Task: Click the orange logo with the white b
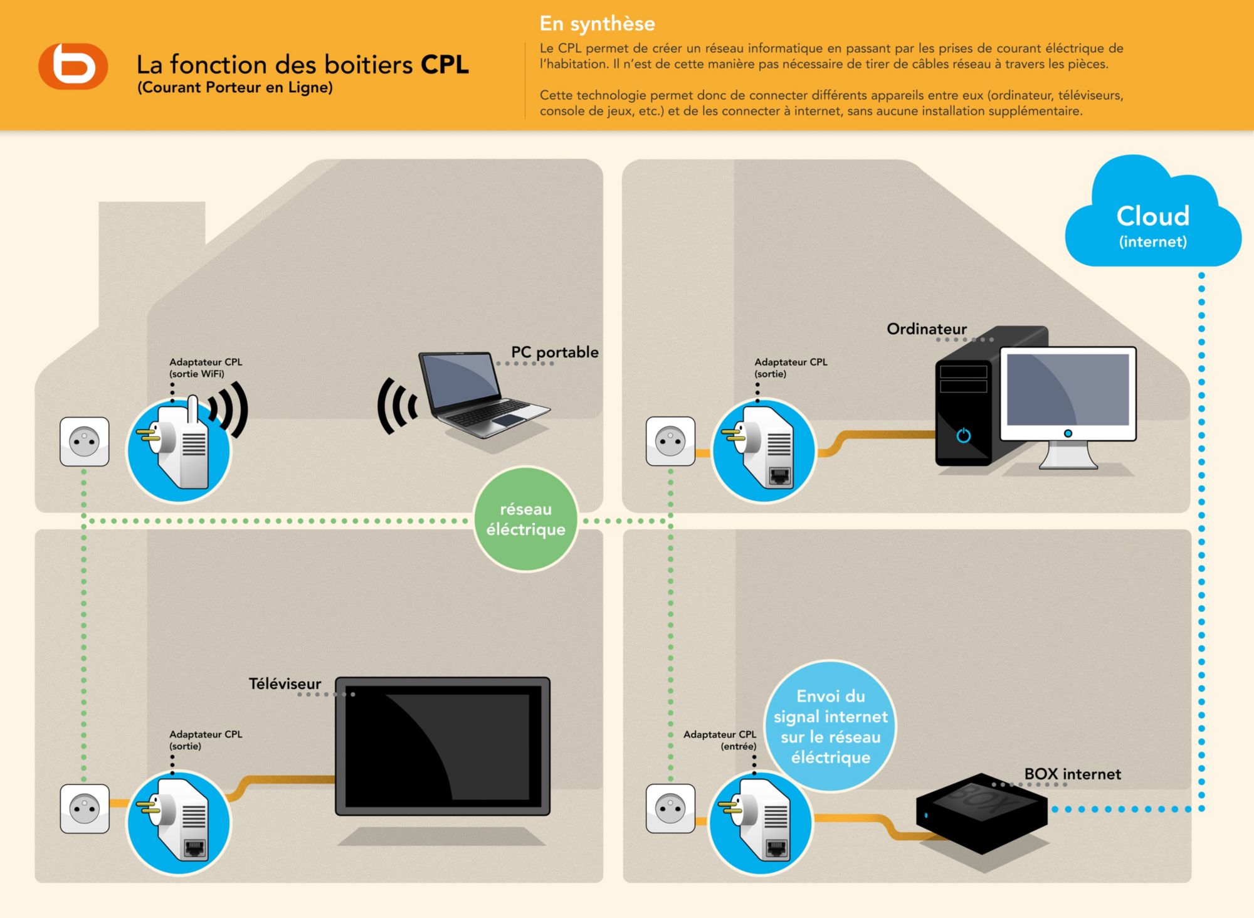click(73, 66)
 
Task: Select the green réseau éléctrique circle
click(525, 519)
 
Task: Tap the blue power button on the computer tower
click(964, 435)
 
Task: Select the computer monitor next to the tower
click(1068, 401)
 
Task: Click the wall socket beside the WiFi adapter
click(84, 441)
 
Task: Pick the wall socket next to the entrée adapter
click(670, 808)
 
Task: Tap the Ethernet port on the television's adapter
click(194, 849)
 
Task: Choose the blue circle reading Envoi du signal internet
click(831, 726)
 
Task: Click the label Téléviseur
click(285, 683)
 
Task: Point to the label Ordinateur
click(926, 329)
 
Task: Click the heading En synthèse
click(597, 24)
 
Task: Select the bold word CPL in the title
click(445, 65)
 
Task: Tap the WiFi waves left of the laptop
click(396, 406)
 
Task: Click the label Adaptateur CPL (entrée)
click(720, 740)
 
